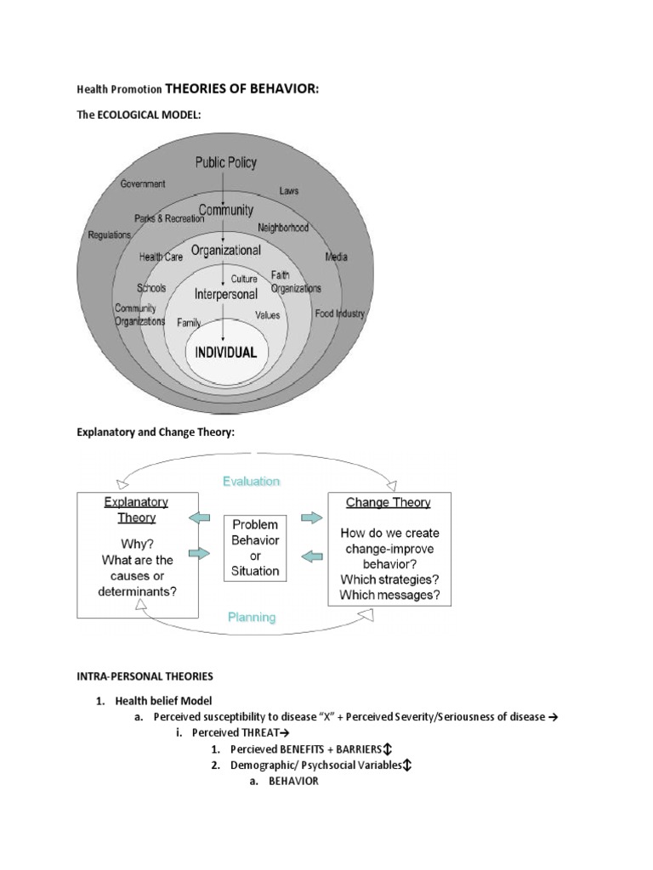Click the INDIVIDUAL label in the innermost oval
226,352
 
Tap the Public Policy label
225,162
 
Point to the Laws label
288,192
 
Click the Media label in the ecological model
337,257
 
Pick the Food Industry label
339,314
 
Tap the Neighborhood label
283,228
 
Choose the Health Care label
162,257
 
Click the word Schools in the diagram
151,288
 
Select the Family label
189,323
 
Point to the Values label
267,314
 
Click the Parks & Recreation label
165,218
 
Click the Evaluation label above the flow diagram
251,481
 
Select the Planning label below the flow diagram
252,618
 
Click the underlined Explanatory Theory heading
136,510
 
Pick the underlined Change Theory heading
389,502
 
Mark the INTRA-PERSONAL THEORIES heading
145,676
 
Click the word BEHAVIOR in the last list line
293,782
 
